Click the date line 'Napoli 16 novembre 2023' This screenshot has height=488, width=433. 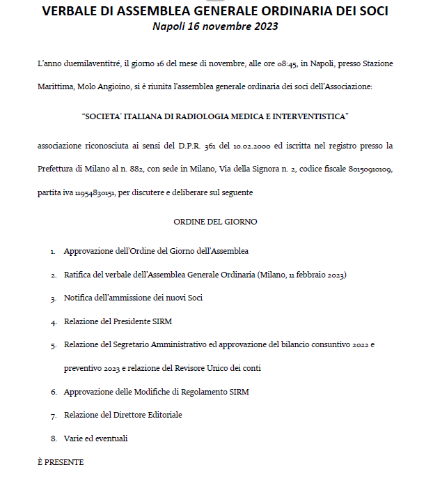(x=215, y=26)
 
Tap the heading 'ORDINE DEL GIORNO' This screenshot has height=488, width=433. (x=215, y=221)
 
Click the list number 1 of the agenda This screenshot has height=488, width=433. (x=53, y=251)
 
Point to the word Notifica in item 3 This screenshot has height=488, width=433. (x=79, y=298)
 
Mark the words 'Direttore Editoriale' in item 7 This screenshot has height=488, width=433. (x=147, y=415)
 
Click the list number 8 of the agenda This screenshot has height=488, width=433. (x=53, y=439)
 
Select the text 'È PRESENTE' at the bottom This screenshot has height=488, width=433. (x=60, y=462)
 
